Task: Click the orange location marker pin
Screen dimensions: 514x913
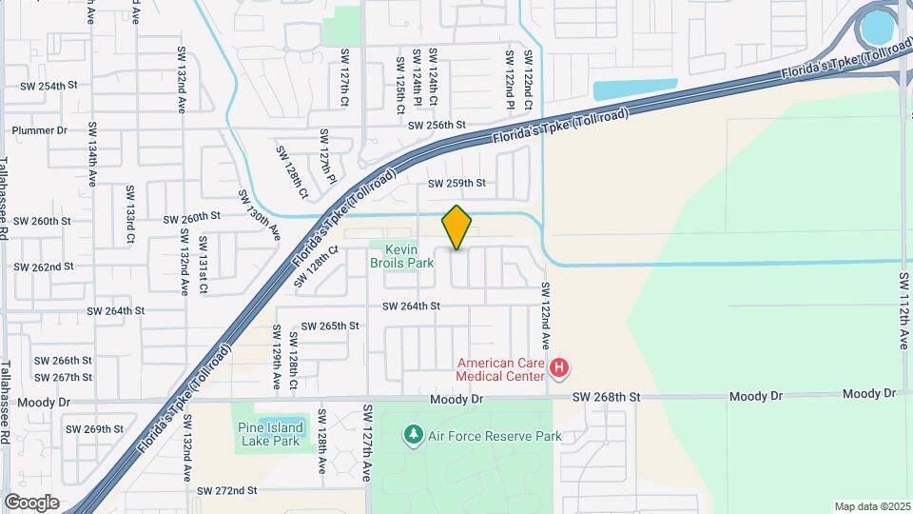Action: click(x=456, y=227)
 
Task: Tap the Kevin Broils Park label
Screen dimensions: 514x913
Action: click(x=402, y=255)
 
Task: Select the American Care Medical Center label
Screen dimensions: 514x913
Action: click(x=501, y=368)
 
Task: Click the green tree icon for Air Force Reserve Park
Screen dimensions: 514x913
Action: click(x=413, y=436)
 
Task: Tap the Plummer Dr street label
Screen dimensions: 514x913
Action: click(x=40, y=130)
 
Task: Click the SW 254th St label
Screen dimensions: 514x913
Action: click(x=49, y=86)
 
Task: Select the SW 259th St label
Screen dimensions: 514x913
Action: click(x=456, y=183)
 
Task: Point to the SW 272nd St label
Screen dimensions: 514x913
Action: click(x=227, y=491)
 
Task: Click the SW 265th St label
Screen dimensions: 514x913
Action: click(x=330, y=326)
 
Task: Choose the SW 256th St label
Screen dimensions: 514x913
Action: click(x=437, y=125)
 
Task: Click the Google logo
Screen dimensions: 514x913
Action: click(x=31, y=502)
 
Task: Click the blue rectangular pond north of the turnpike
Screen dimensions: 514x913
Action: click(x=635, y=90)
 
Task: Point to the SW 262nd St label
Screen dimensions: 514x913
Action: click(x=45, y=267)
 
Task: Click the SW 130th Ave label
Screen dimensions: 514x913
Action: click(x=260, y=214)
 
